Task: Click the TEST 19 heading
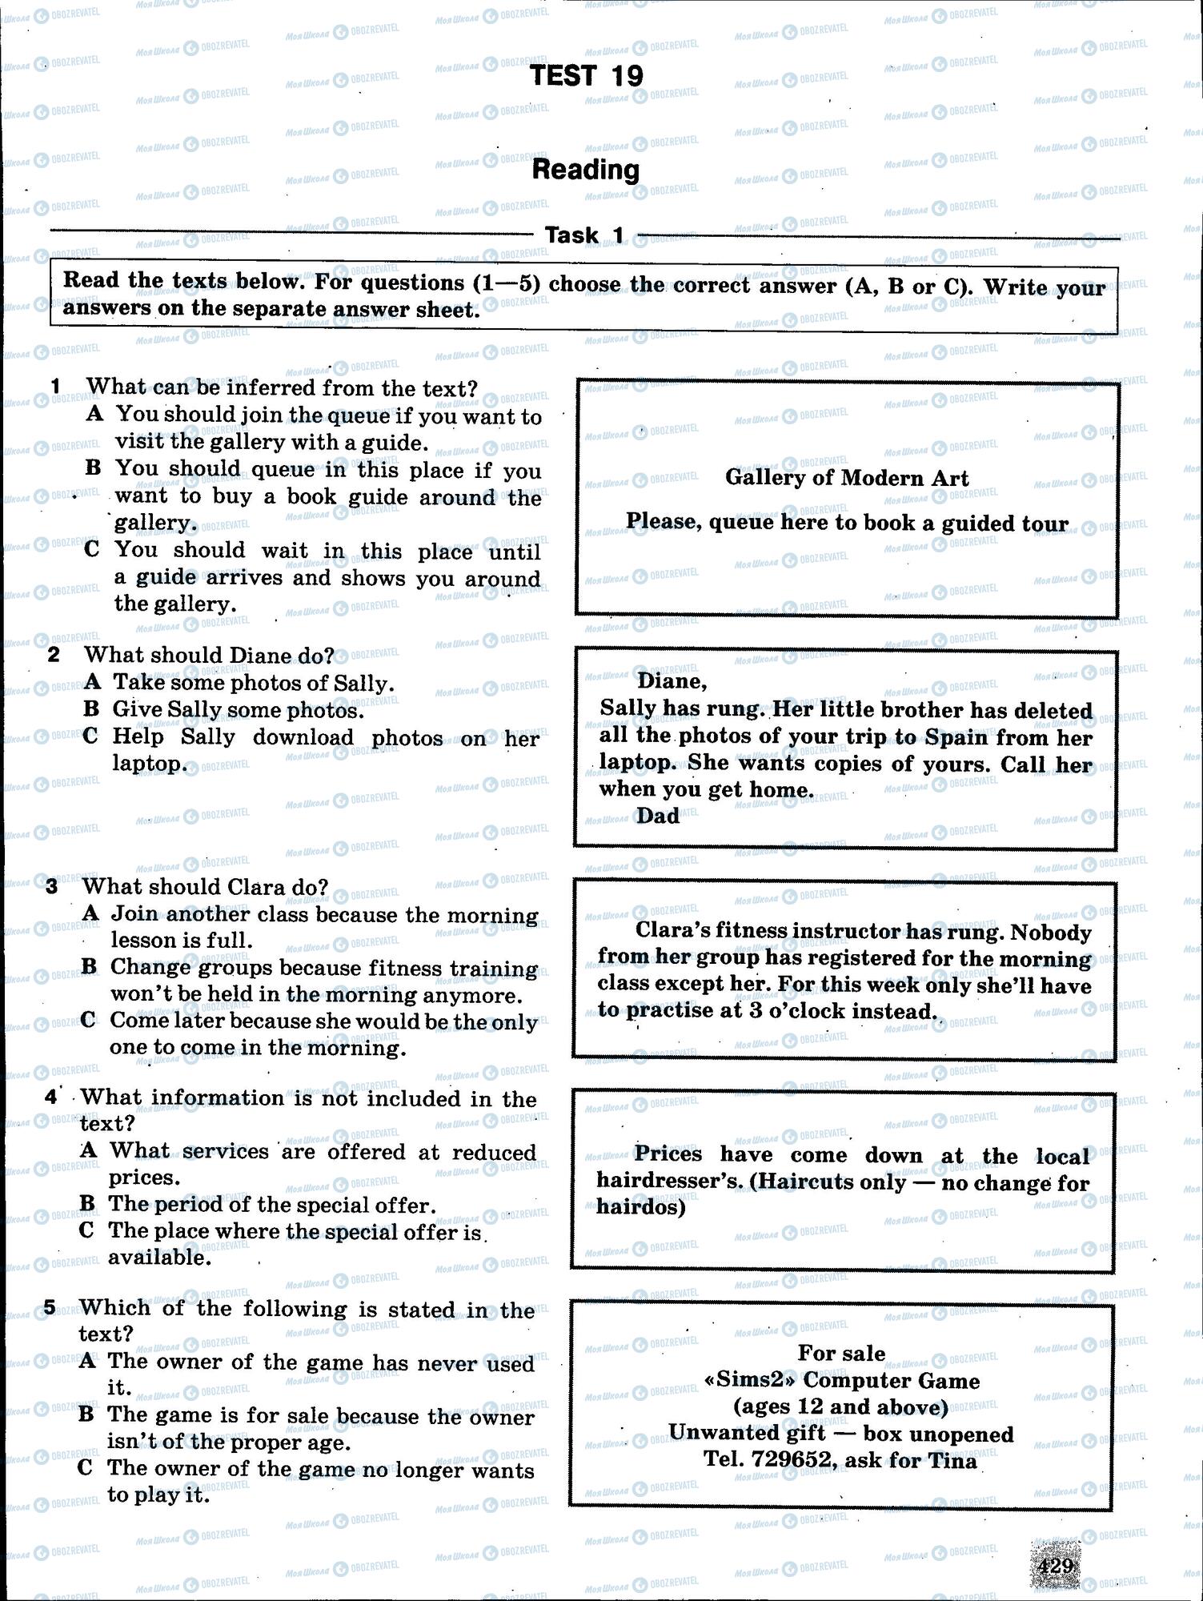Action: (586, 76)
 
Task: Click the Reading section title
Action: (586, 170)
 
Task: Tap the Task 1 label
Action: (584, 235)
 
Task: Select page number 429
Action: (1056, 1566)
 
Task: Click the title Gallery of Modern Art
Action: (847, 478)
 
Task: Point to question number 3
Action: (52, 886)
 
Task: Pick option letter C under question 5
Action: (86, 1467)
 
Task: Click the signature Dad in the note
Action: (658, 816)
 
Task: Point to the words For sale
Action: (841, 1353)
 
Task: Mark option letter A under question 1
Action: (95, 414)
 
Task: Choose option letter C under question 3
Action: (90, 1020)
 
